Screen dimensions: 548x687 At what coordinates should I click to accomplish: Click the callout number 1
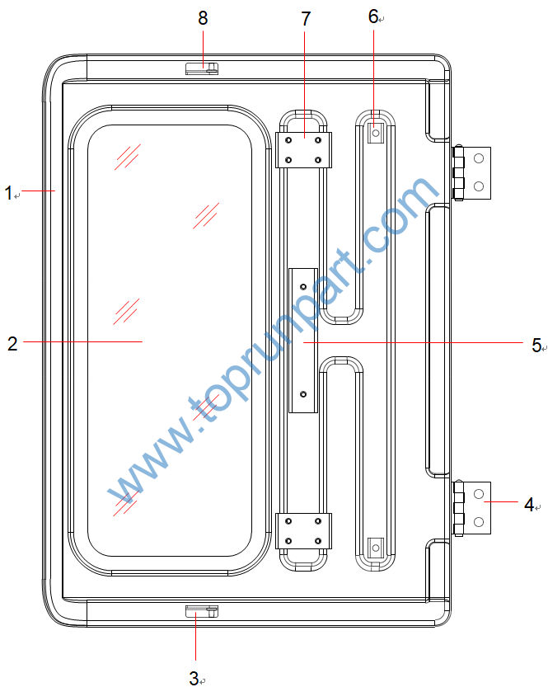[8, 193]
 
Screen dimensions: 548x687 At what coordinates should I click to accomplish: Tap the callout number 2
[12, 343]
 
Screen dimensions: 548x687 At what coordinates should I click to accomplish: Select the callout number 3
[194, 678]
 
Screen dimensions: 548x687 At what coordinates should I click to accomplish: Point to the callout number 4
[529, 505]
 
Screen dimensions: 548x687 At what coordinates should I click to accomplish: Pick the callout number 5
[536, 345]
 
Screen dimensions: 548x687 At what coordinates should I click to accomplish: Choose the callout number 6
[373, 16]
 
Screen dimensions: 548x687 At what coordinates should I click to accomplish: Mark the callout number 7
[306, 18]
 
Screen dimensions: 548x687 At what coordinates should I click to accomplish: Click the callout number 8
[203, 18]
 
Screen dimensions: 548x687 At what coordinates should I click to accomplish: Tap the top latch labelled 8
[202, 68]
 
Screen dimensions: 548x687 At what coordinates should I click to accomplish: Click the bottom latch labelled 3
[202, 611]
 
